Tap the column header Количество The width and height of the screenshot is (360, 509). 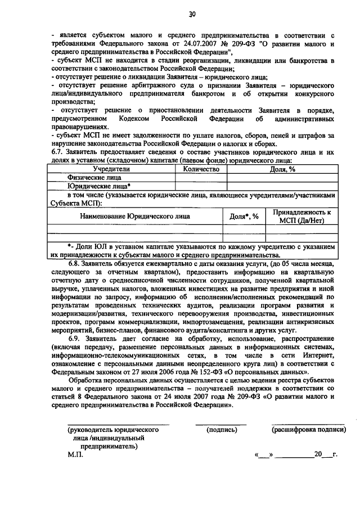[200, 169]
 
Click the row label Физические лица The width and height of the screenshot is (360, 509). [90, 178]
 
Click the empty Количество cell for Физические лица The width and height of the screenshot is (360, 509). [200, 178]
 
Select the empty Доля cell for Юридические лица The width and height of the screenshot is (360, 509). [283, 186]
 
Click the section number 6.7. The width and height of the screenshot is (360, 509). [57, 152]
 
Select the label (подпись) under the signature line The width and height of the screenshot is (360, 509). [221, 430]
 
